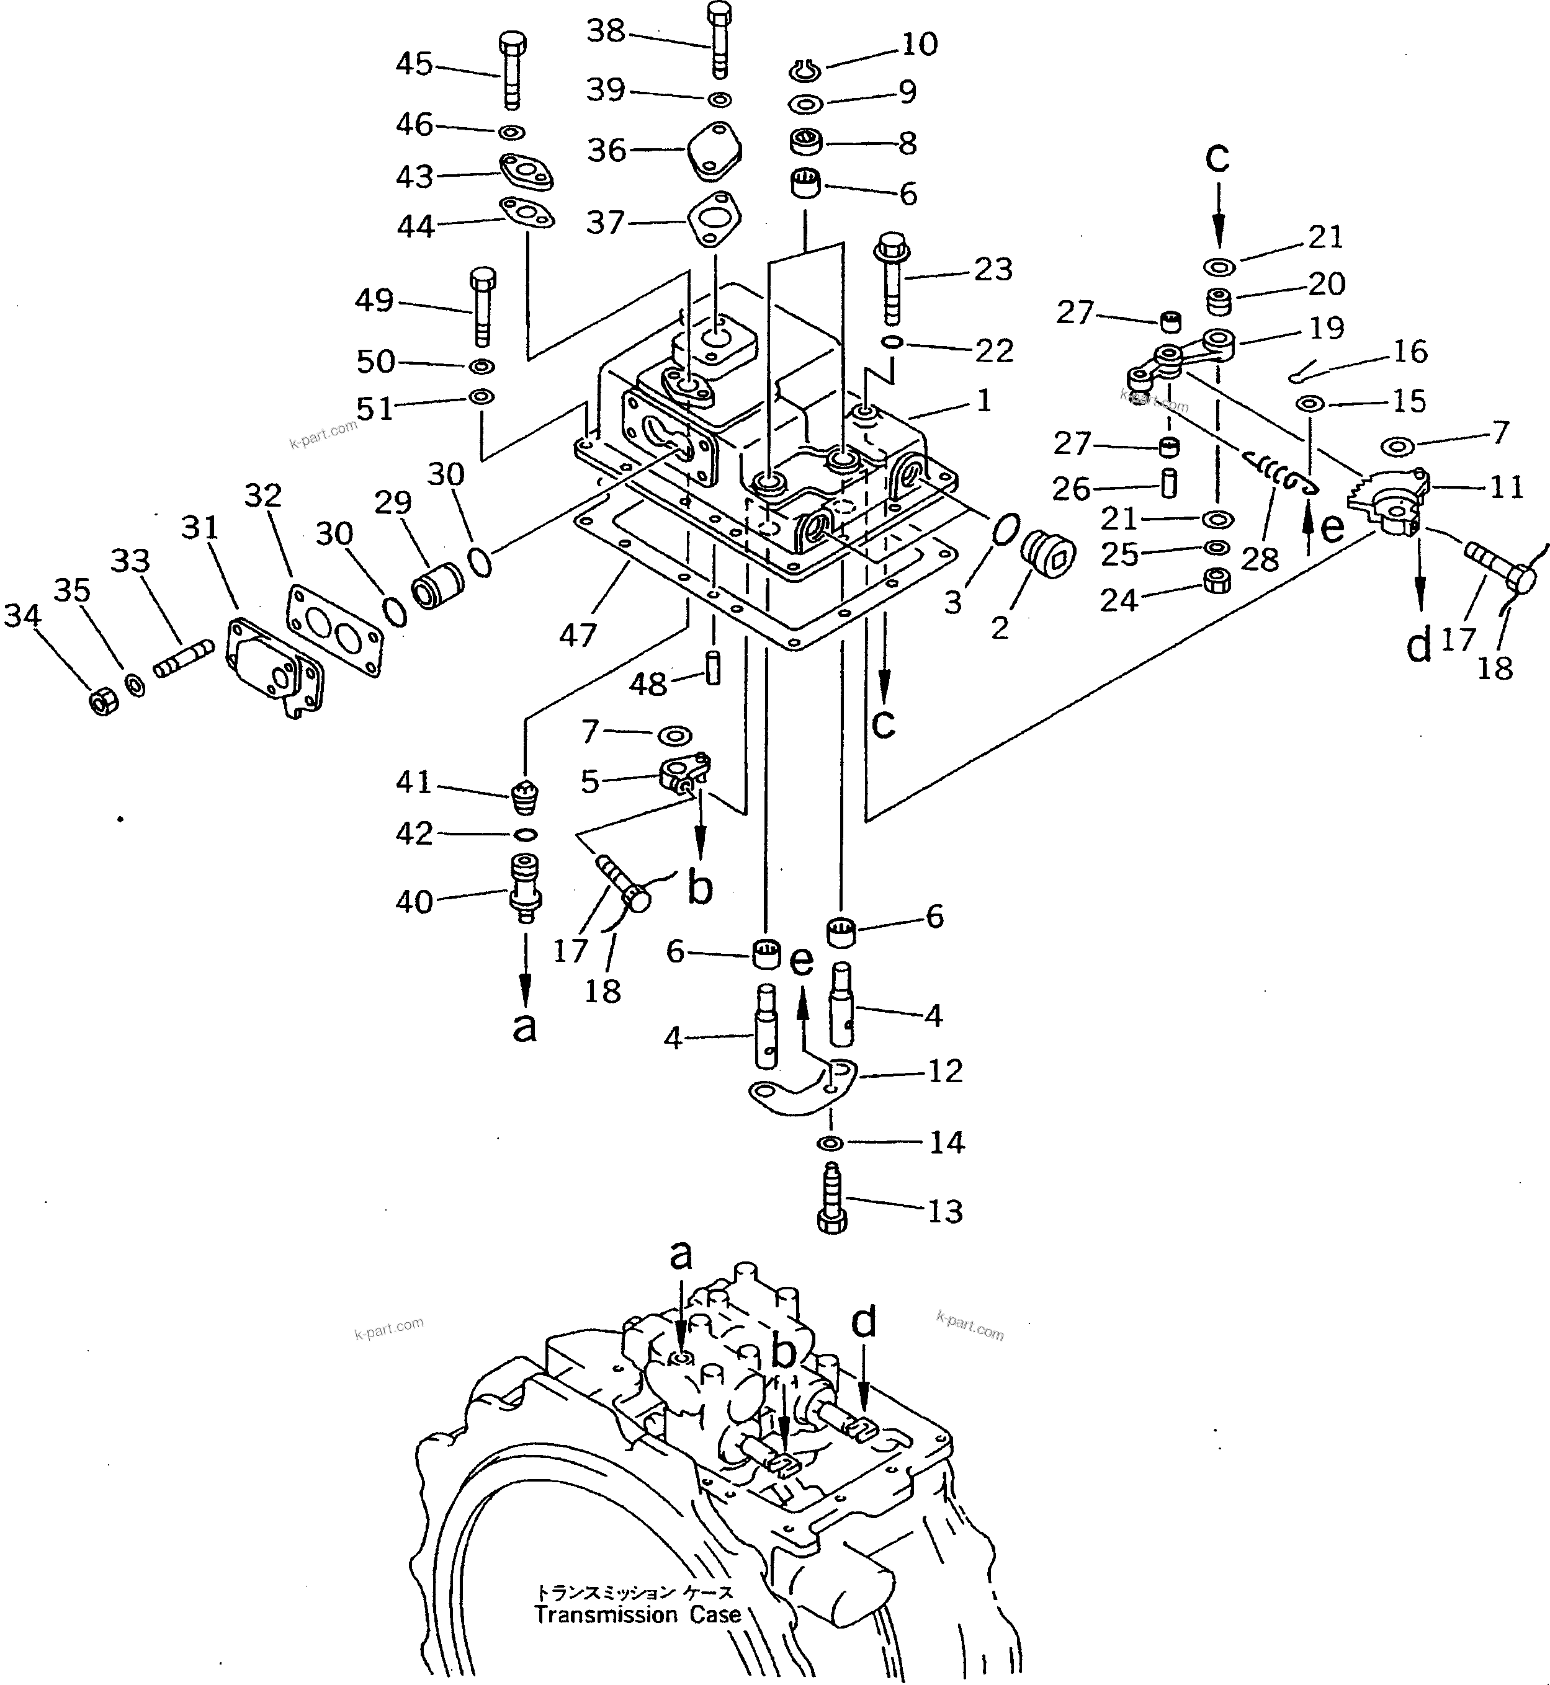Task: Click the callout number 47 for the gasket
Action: pos(577,634)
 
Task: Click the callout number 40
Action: pos(413,902)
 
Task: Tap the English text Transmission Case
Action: pos(637,1614)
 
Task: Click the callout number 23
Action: pos(993,269)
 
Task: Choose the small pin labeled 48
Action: pos(713,668)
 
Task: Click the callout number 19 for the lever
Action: pos(1326,328)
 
